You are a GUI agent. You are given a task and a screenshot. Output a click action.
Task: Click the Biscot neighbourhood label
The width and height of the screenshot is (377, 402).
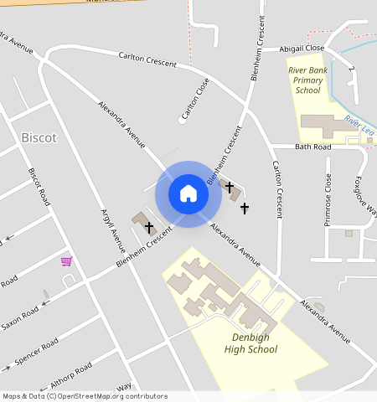point(39,137)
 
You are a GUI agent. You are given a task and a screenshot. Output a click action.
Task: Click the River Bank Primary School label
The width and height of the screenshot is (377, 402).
point(307,80)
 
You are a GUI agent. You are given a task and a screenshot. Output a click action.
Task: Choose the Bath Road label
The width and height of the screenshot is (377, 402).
point(313,147)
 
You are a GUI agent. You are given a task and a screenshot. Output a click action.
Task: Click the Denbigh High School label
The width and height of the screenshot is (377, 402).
point(250,343)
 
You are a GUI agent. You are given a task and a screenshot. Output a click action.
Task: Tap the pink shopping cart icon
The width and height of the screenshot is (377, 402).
point(66,261)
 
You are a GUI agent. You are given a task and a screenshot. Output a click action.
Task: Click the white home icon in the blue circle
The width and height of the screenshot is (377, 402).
point(188,193)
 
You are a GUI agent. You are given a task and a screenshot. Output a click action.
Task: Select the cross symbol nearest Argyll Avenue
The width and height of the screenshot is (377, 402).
point(149,227)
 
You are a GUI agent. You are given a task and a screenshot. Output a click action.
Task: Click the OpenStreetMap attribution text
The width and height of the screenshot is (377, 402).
point(84,396)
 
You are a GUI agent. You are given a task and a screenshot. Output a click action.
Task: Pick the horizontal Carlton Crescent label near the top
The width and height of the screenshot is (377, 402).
point(147,60)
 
